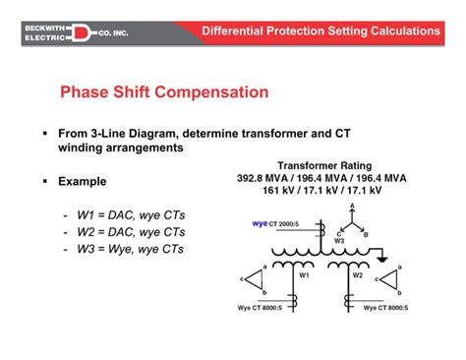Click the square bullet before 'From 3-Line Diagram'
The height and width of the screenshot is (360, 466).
(46, 132)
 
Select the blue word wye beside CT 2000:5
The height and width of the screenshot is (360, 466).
(261, 224)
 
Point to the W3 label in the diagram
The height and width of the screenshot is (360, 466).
(338, 239)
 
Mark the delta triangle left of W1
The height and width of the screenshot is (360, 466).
(254, 279)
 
